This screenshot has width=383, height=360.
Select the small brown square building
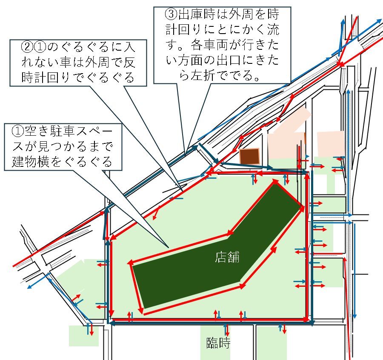point(249,156)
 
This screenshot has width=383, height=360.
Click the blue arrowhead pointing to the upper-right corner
point(378,20)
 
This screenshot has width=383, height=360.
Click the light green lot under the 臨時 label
point(215,353)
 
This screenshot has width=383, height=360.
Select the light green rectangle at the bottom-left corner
point(83,336)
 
